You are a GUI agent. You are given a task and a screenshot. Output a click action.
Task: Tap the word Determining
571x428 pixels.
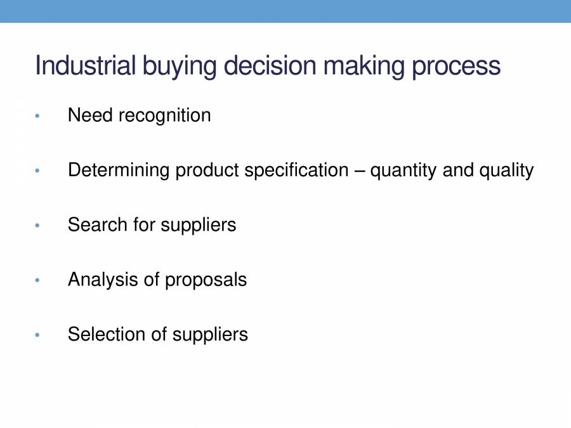click(119, 171)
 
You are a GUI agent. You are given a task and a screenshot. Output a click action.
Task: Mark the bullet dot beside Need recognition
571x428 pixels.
click(38, 116)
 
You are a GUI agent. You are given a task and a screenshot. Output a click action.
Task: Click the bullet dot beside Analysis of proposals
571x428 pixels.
click(38, 280)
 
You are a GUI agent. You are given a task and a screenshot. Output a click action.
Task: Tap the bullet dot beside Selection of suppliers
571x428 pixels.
click(38, 335)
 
